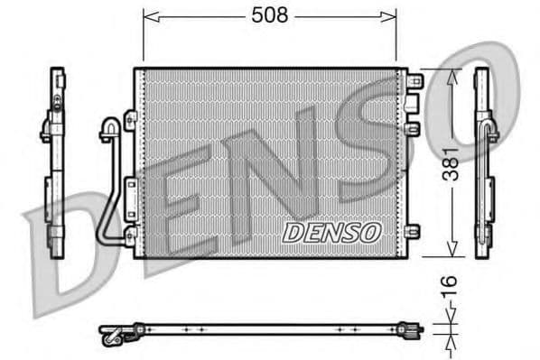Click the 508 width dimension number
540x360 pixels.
pyautogui.click(x=268, y=15)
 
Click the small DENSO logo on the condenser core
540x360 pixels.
pyautogui.click(x=332, y=233)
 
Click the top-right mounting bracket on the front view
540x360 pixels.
pyautogui.click(x=414, y=81)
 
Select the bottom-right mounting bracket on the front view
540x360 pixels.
pyautogui.click(x=414, y=231)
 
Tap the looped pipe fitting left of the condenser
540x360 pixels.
pyautogui.click(x=108, y=131)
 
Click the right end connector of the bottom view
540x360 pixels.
pyautogui.click(x=414, y=329)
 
